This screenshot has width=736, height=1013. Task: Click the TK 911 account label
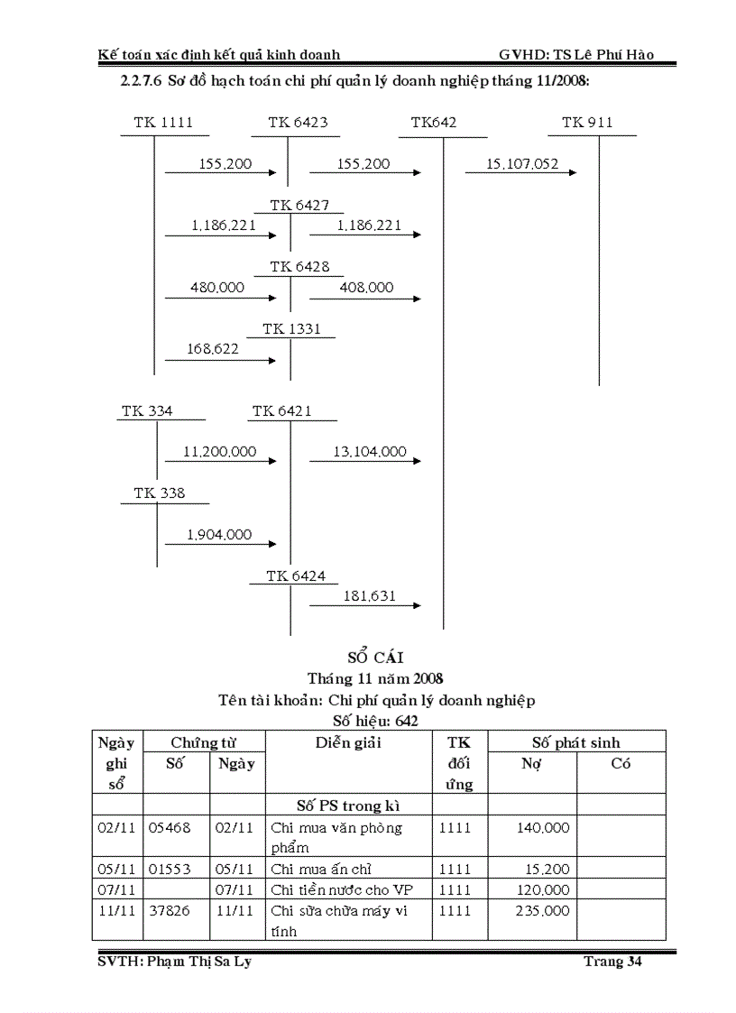pyautogui.click(x=587, y=123)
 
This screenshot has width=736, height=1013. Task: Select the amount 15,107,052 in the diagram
pyautogui.click(x=522, y=164)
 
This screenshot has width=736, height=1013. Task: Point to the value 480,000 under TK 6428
pyautogui.click(x=217, y=288)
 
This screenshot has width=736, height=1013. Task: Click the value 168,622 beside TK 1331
pyautogui.click(x=214, y=348)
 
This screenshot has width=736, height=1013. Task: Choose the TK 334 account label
pyautogui.click(x=147, y=411)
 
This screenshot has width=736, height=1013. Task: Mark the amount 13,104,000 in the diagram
pyautogui.click(x=370, y=452)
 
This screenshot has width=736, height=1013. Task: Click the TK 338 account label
pyautogui.click(x=160, y=493)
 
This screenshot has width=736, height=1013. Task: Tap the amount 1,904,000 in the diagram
pyautogui.click(x=219, y=535)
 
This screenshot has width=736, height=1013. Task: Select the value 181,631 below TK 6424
pyautogui.click(x=369, y=596)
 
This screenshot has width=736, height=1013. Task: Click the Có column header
pyautogui.click(x=621, y=764)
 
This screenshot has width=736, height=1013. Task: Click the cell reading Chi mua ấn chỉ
pyautogui.click(x=321, y=870)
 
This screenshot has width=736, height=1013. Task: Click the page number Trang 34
pyautogui.click(x=612, y=962)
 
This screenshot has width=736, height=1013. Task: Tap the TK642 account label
pyautogui.click(x=434, y=123)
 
